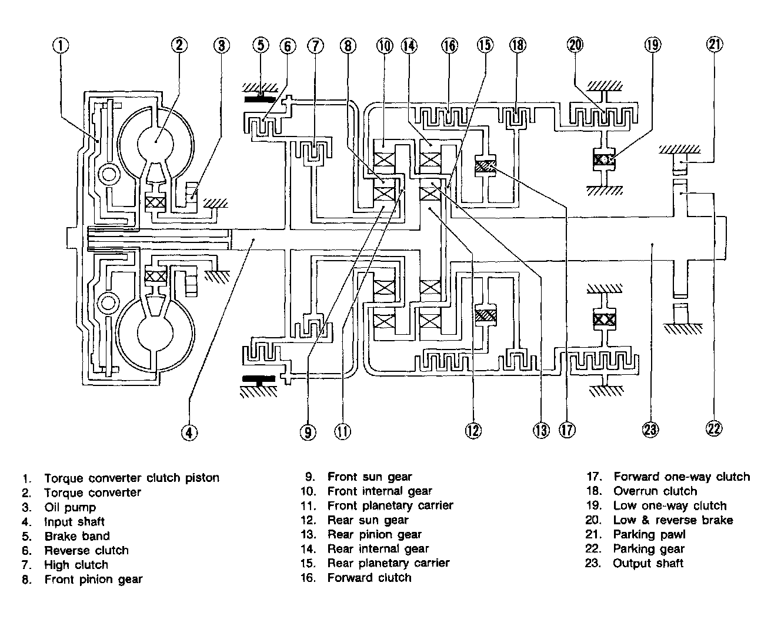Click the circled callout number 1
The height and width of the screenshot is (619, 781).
tap(61, 45)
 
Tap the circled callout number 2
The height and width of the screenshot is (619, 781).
tap(179, 45)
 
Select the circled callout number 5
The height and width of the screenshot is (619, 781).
tap(261, 45)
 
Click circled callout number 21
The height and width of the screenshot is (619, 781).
tap(715, 45)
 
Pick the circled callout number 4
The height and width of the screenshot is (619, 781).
tap(188, 432)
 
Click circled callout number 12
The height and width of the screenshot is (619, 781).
tap(473, 431)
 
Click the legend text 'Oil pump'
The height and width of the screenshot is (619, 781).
tap(69, 507)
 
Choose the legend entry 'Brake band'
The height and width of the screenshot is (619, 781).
tap(76, 536)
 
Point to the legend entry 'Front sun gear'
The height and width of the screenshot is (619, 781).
tap(369, 477)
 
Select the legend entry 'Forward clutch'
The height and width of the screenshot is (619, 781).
tap(369, 578)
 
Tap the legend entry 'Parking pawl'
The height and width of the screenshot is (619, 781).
tap(649, 534)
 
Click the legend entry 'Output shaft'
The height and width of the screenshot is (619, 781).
tap(648, 563)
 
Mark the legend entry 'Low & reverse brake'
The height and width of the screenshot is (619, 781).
tap(673, 520)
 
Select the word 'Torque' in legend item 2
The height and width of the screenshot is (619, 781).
tap(63, 492)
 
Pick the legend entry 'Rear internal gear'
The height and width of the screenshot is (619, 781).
tap(378, 549)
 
